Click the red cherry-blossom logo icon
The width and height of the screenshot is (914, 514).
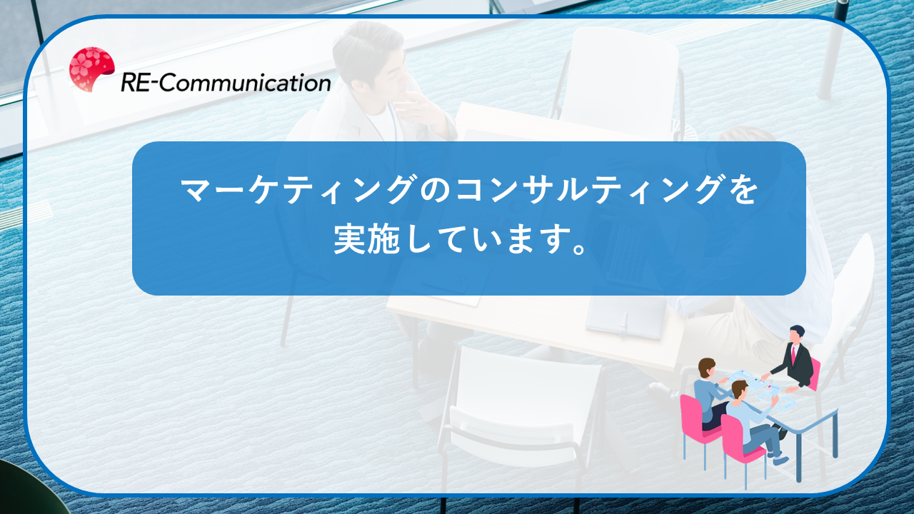91,69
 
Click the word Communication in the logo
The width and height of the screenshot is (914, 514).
244,83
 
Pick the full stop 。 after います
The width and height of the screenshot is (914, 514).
578,248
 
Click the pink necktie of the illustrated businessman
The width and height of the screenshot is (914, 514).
793,354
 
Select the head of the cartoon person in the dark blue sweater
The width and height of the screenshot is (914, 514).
706,367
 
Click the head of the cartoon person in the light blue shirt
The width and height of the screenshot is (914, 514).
739,389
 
